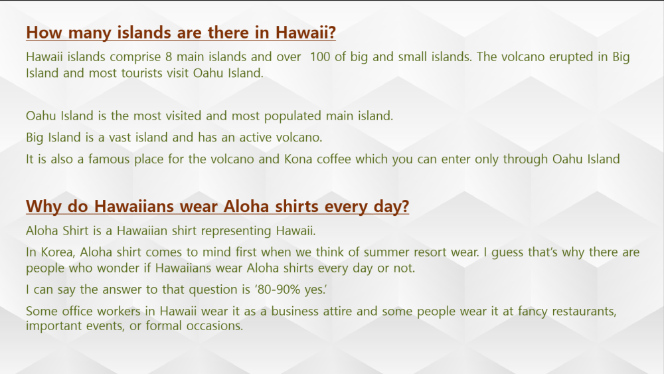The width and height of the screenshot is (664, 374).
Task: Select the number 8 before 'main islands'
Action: [169, 56]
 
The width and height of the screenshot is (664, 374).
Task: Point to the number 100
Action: [320, 56]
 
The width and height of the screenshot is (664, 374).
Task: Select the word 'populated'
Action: [293, 116]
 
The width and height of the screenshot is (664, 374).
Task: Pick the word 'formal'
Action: [163, 326]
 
